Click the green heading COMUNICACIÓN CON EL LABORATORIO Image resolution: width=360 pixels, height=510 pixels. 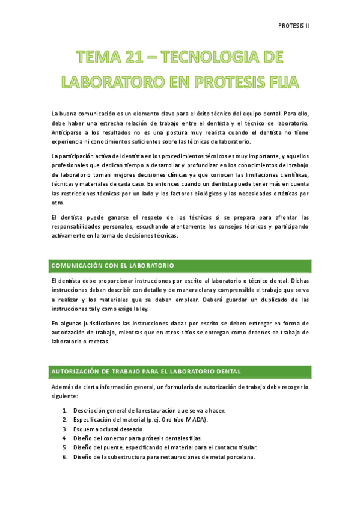113,265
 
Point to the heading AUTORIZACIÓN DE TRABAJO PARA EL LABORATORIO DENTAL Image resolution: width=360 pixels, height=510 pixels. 147,372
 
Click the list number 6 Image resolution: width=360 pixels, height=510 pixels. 65,457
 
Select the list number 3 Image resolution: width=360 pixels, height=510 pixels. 65,429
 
